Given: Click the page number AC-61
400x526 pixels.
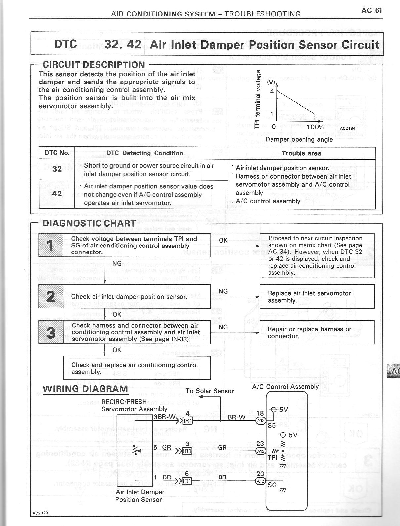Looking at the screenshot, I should click(372, 10).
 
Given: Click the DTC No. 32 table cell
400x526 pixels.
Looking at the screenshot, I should click(57, 169).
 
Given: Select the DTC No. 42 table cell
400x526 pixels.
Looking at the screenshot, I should click(57, 193).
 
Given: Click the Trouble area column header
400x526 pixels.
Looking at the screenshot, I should click(301, 153).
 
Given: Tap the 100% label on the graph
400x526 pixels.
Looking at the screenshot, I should click(315, 127).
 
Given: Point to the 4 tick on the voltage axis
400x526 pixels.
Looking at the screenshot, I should click(272, 91).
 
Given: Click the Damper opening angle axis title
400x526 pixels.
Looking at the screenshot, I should click(299, 139).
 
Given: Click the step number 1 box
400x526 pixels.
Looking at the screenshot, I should click(51, 245).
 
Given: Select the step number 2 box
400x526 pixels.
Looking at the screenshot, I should click(51, 296).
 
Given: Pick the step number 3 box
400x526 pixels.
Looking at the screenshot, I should click(51, 332).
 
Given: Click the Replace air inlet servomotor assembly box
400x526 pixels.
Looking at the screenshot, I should click(317, 297).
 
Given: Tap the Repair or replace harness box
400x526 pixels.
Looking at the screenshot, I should click(317, 332).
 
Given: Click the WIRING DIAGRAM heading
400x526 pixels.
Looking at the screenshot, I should click(85, 389).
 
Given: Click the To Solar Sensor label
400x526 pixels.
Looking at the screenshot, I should click(210, 391).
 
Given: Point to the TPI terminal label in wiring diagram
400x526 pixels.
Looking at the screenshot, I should click(272, 458).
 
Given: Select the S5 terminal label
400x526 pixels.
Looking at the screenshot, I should click(271, 426).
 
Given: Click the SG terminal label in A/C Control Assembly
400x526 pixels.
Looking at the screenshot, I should click(272, 485).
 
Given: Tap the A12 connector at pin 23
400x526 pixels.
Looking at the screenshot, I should click(260, 451).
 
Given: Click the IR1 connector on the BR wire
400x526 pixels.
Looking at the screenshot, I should click(187, 481).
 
